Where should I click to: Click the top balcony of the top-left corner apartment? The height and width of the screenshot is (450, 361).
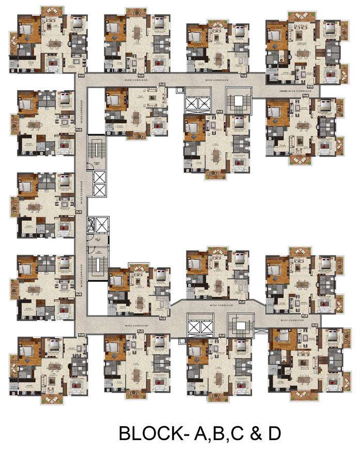[x=51, y=11]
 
